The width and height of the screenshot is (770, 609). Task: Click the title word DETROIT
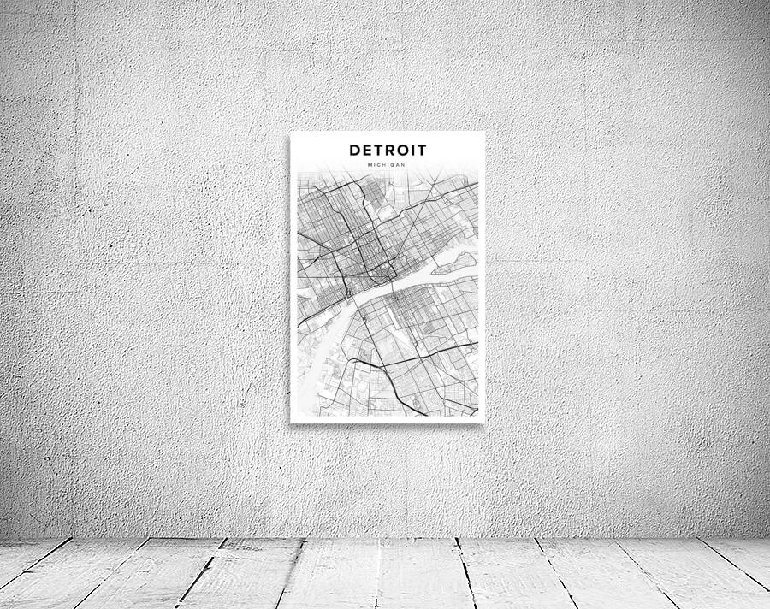coord(388,151)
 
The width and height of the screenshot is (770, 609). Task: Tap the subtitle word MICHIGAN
coord(388,164)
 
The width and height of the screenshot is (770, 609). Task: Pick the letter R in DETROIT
coord(389,151)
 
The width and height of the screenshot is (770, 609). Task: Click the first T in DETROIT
coord(377,151)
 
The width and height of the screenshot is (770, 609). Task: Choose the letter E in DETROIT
coord(366,151)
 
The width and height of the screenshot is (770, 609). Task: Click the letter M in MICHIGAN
coord(370,164)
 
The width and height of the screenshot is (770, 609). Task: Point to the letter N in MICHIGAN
coord(404,164)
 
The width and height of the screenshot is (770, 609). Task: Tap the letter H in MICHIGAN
coord(385,164)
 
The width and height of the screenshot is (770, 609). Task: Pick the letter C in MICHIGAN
coord(380,164)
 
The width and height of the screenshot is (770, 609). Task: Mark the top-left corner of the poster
coord(291,132)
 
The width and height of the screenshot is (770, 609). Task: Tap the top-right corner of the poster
coord(484,132)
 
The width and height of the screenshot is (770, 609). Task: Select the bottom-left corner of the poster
coord(291,422)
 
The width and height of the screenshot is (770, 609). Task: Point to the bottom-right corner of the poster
coord(484,422)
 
